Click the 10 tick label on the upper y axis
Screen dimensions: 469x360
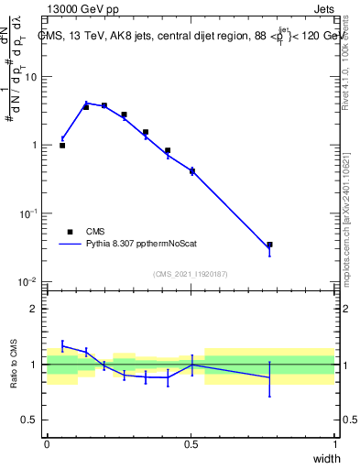click(31, 77)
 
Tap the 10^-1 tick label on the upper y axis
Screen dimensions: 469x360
click(29, 213)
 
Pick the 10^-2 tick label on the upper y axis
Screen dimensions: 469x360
click(29, 281)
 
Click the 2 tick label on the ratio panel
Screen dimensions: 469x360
click(35, 309)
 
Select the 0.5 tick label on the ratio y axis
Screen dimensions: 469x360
click(31, 420)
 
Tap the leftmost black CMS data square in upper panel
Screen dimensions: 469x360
click(62, 145)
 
